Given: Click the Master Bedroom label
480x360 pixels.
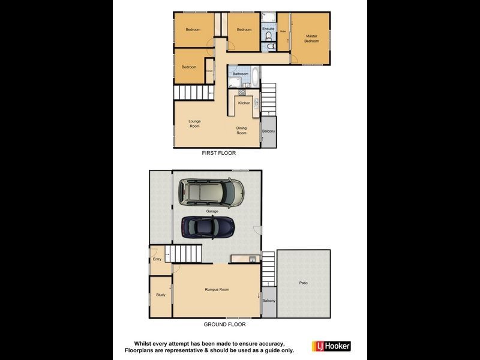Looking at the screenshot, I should pyautogui.click(x=311, y=38).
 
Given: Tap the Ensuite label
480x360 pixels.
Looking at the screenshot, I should pyautogui.click(x=268, y=29).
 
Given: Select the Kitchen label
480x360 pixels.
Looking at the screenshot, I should pyautogui.click(x=244, y=103).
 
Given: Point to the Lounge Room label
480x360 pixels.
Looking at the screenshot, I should pyautogui.click(x=194, y=124).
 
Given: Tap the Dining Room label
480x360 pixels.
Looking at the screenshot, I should pyautogui.click(x=241, y=130).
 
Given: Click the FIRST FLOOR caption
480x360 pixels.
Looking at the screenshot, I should pyautogui.click(x=218, y=154).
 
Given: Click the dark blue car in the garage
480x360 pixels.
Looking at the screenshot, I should pyautogui.click(x=208, y=227).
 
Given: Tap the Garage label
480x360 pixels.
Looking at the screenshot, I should pyautogui.click(x=212, y=211).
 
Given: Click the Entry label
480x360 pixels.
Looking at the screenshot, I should pyautogui.click(x=157, y=259).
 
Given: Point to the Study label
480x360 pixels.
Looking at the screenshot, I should pyautogui.click(x=161, y=295).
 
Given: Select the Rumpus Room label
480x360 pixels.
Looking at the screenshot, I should pyautogui.click(x=217, y=289).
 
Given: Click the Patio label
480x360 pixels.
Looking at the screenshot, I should pyautogui.click(x=304, y=283).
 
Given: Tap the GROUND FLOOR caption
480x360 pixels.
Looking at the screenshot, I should pyautogui.click(x=224, y=324).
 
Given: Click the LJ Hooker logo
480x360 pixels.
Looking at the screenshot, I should pyautogui.click(x=331, y=346).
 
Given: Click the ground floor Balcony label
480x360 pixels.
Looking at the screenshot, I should pyautogui.click(x=269, y=301).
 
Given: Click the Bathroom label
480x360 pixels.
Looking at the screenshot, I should pyautogui.click(x=241, y=74).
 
